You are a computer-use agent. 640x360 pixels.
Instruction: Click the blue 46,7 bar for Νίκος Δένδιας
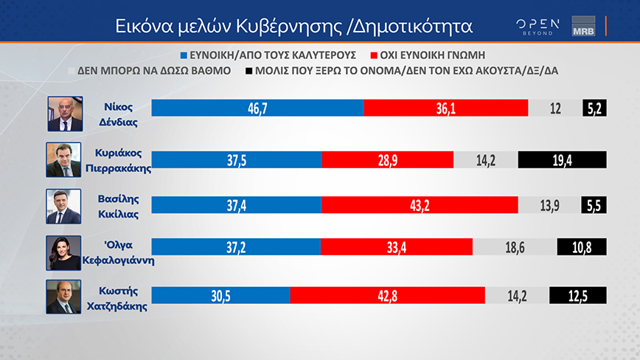[x=257, y=108]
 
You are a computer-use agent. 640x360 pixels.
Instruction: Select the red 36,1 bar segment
[x=446, y=108]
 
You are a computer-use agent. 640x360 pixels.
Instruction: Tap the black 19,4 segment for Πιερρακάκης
[x=562, y=159]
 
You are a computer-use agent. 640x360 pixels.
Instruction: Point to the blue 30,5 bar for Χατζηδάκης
[x=220, y=294]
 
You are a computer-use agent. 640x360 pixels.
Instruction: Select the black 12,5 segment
[x=578, y=294]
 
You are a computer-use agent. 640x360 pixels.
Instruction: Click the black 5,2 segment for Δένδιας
[x=594, y=108]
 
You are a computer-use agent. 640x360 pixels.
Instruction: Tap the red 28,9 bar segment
[x=388, y=159]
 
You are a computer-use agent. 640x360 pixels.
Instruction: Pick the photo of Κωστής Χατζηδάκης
[x=64, y=297]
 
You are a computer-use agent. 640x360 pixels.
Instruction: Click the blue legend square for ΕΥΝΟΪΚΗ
[x=184, y=55]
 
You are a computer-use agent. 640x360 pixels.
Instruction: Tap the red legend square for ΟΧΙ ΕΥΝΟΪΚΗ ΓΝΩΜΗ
[x=375, y=55]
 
